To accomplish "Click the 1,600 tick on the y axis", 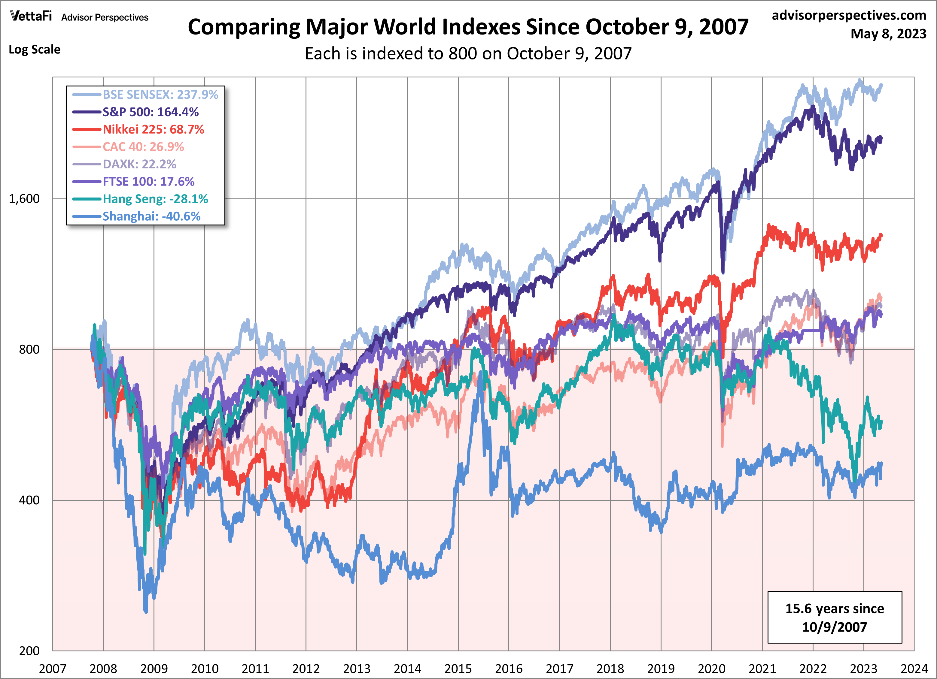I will pyautogui.click(x=24, y=199).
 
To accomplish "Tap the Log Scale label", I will pyautogui.click(x=35, y=50).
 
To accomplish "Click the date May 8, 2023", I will pyautogui.click(x=888, y=33).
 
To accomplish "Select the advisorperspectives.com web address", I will pyautogui.click(x=849, y=15).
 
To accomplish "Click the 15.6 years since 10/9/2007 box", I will pyautogui.click(x=835, y=617).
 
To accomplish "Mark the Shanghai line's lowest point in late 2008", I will pyautogui.click(x=145, y=611).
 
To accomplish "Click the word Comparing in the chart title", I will pyautogui.click(x=243, y=27).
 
